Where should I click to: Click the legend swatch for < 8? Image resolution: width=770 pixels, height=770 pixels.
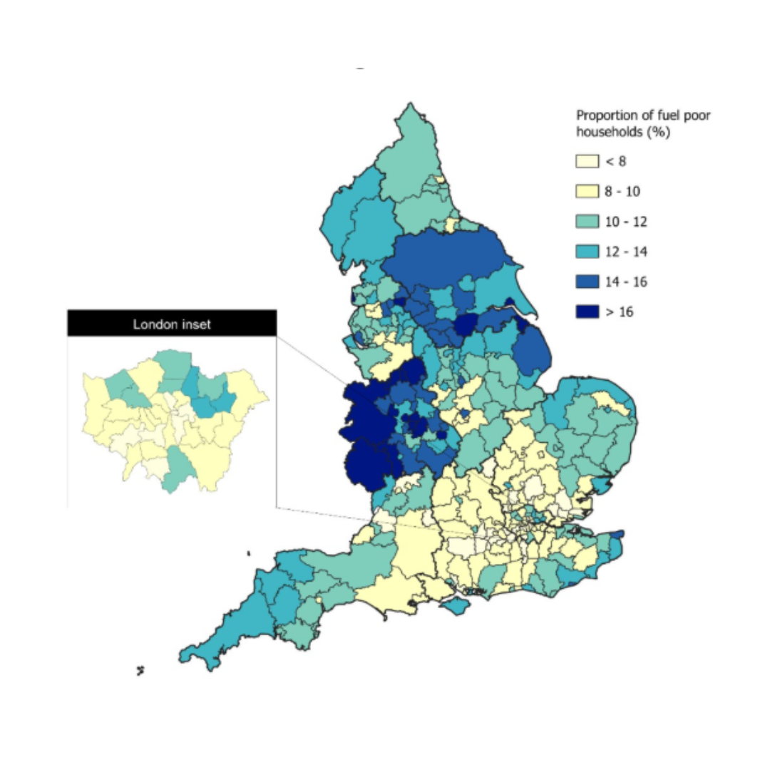[x=587, y=162]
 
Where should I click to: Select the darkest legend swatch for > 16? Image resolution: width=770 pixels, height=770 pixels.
[x=587, y=312]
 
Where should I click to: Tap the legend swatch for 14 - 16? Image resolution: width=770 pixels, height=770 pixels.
[x=587, y=282]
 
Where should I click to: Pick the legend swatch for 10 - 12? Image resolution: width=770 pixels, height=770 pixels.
[x=587, y=222]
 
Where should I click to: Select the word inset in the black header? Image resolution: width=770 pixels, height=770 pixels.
[x=194, y=324]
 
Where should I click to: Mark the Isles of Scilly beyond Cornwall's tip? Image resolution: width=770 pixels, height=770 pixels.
[x=141, y=670]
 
